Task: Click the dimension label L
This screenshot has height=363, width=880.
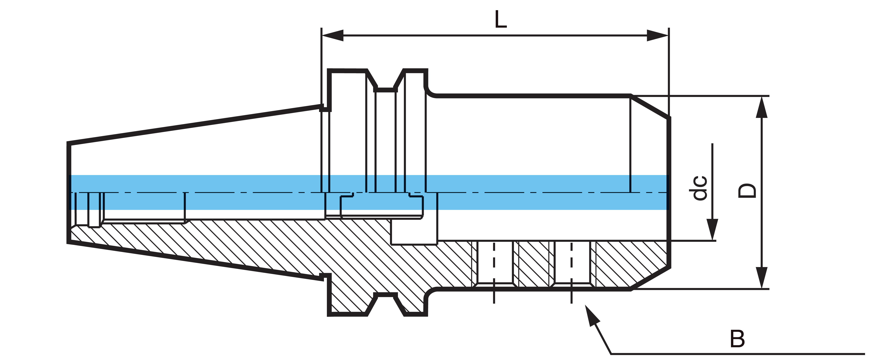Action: coord(501,20)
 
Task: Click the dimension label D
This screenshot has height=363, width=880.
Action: coord(747,191)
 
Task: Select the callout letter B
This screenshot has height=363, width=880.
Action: coord(737,339)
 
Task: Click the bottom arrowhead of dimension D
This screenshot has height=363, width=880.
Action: coord(761,278)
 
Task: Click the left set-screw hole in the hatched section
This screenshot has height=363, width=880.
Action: coord(494,263)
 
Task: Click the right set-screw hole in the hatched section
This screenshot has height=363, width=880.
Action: coord(571,263)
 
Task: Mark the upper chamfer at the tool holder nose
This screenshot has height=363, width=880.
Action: coord(650,107)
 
